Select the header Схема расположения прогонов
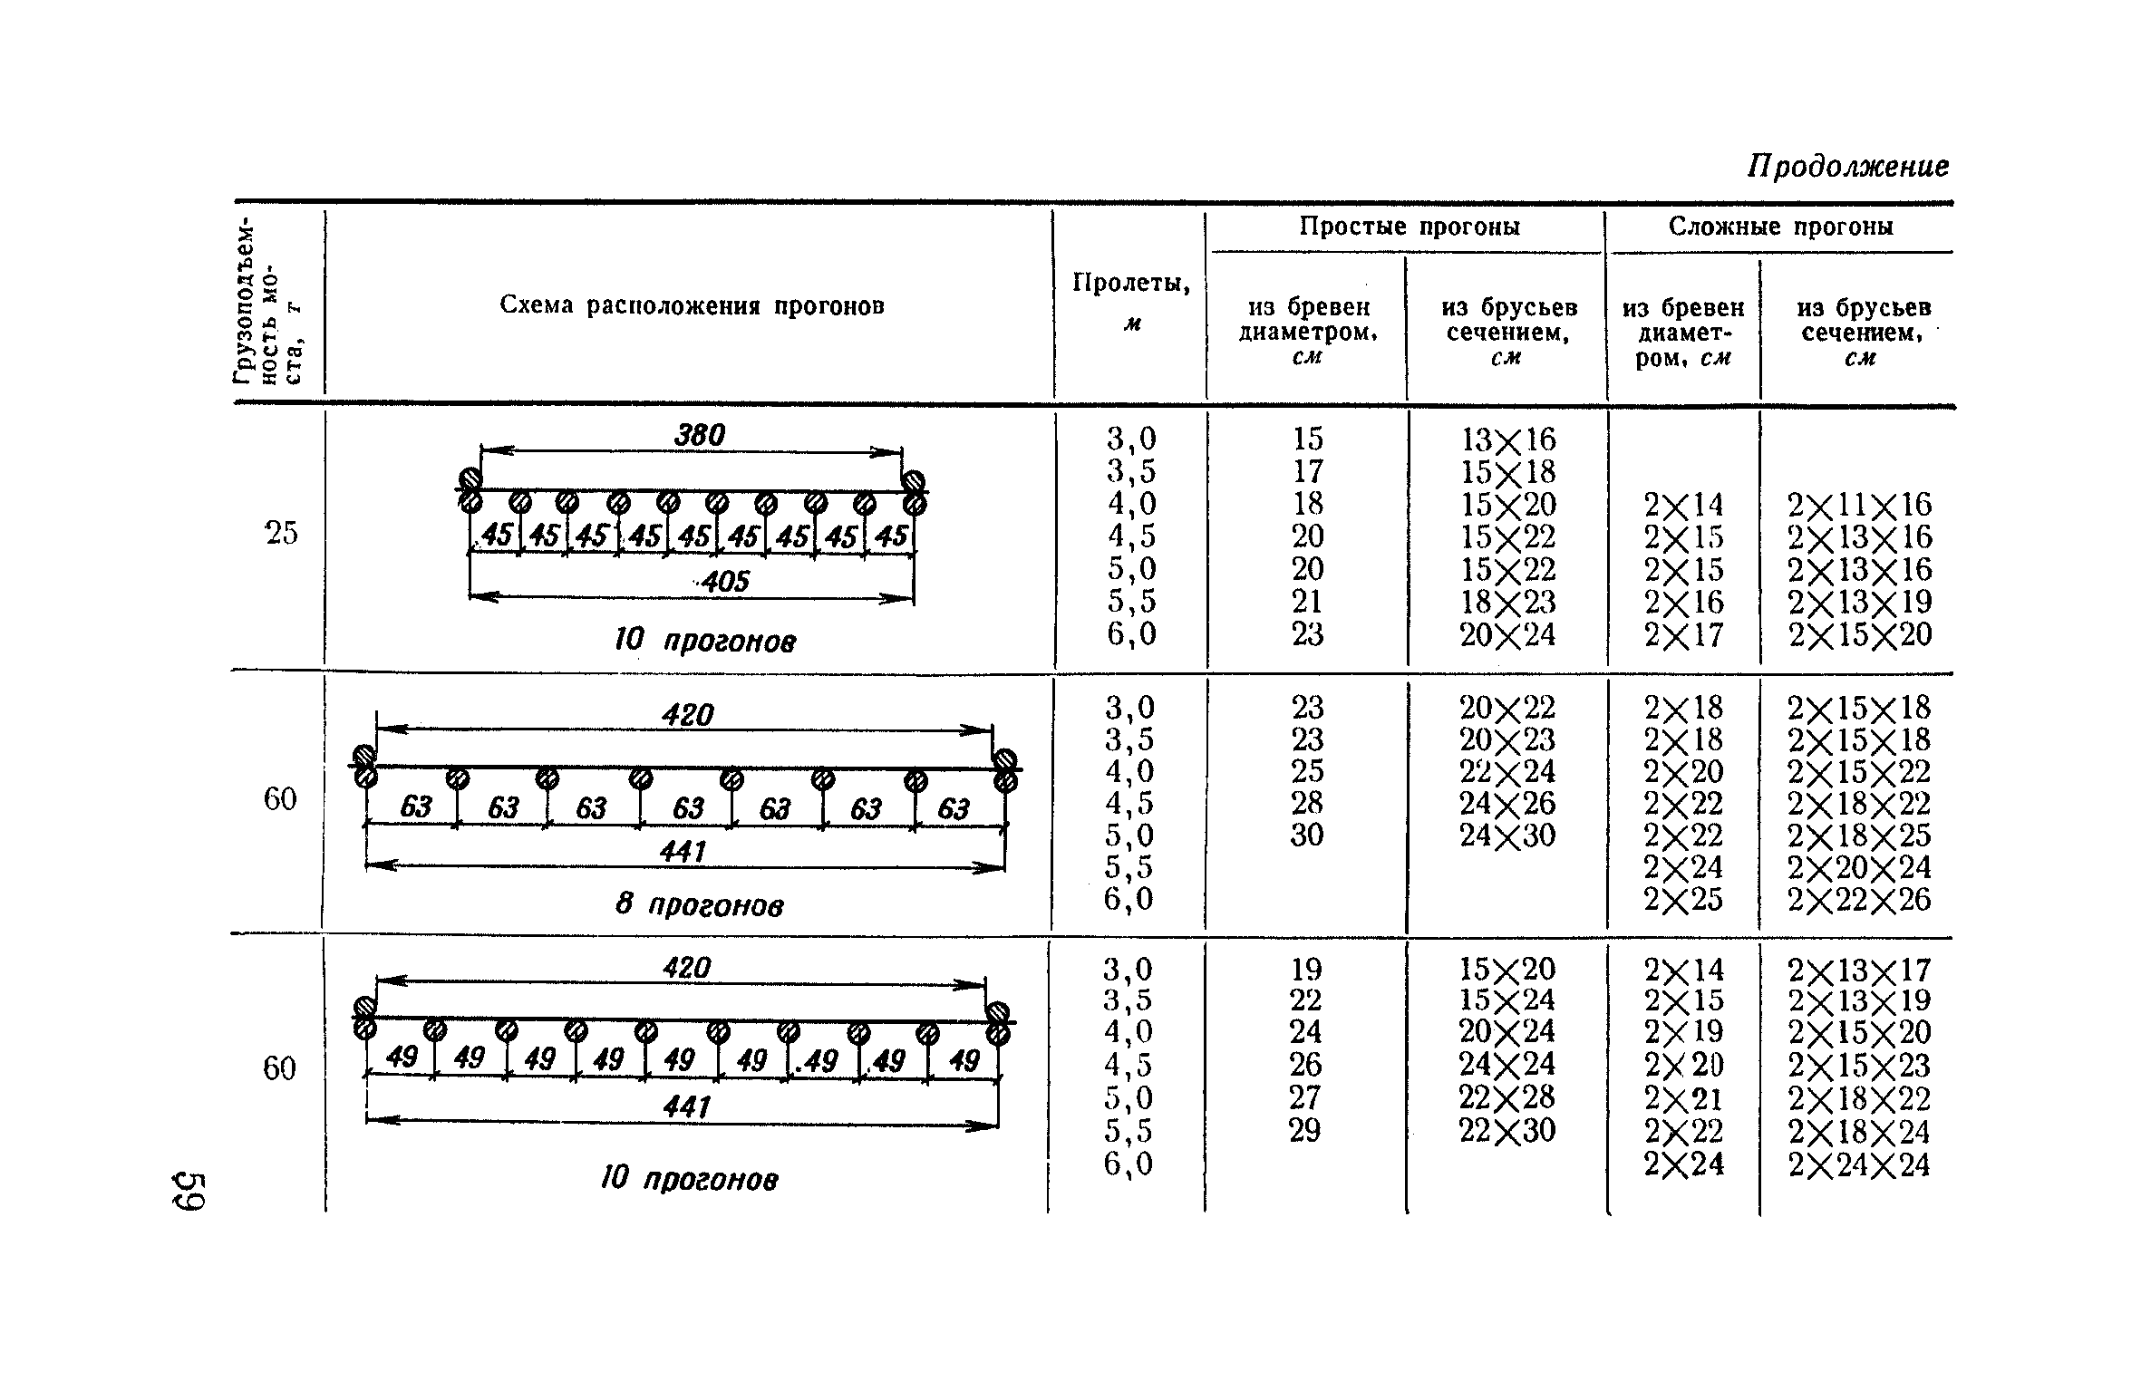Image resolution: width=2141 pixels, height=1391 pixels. point(692,305)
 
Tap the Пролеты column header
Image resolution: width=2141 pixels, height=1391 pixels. point(1130,284)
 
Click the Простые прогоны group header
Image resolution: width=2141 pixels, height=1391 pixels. point(1409,227)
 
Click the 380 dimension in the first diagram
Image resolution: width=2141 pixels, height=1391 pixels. point(700,436)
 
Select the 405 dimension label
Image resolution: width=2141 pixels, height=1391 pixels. point(725,581)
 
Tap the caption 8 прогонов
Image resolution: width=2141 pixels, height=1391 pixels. point(699,904)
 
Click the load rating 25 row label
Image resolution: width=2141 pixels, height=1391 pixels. point(281,534)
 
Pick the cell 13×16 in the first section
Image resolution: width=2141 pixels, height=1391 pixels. point(1507,440)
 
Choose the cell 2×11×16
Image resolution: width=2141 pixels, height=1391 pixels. point(1859,504)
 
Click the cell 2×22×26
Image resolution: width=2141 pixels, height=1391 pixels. point(1859,900)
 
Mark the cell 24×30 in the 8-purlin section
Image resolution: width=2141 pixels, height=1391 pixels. point(1507,835)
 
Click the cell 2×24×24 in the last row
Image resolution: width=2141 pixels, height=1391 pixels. point(1859,1164)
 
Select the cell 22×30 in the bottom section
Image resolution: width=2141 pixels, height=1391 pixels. point(1507,1131)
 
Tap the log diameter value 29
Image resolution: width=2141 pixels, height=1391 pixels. point(1305,1131)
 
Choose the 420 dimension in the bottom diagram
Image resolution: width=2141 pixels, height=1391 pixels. point(687,968)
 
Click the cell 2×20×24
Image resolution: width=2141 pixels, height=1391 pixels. point(1859,868)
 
